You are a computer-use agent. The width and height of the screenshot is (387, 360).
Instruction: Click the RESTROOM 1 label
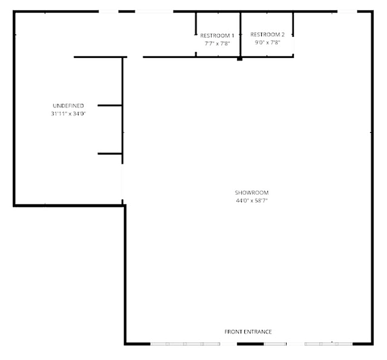coord(217,36)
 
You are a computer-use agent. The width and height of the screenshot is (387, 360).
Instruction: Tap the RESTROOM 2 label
coord(267,35)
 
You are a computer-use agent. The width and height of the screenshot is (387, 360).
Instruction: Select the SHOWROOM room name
coord(252,192)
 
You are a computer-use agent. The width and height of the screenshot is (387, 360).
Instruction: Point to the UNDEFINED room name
coord(69,106)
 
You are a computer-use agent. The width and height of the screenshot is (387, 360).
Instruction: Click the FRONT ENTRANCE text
coord(248,332)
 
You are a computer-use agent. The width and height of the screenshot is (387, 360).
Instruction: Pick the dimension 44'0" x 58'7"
coord(252,201)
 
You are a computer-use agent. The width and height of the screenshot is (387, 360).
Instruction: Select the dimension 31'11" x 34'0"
coord(69,114)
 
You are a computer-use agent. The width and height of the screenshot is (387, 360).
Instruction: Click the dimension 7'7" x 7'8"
coord(217,44)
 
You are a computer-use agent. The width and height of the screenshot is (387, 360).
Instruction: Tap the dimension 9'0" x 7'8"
coord(268,42)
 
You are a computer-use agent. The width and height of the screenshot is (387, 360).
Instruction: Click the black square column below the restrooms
coord(239,59)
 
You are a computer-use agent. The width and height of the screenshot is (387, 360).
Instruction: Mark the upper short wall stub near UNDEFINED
coord(110,106)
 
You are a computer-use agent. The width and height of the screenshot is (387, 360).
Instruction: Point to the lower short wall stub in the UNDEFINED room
coord(110,154)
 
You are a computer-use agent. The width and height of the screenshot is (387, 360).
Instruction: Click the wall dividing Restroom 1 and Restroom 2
coord(240,35)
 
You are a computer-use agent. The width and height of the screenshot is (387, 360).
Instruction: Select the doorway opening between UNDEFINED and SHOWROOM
coord(122,182)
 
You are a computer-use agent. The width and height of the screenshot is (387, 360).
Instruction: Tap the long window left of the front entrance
coord(185,344)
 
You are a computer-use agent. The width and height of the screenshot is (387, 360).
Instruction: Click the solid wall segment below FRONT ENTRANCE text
coord(250,344)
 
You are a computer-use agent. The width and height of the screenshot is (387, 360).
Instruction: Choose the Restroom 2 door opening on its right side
coord(293,45)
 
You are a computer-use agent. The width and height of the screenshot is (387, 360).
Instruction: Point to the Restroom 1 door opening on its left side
coord(196,44)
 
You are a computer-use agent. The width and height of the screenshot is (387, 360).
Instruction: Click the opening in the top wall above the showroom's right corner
coord(347,12)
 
